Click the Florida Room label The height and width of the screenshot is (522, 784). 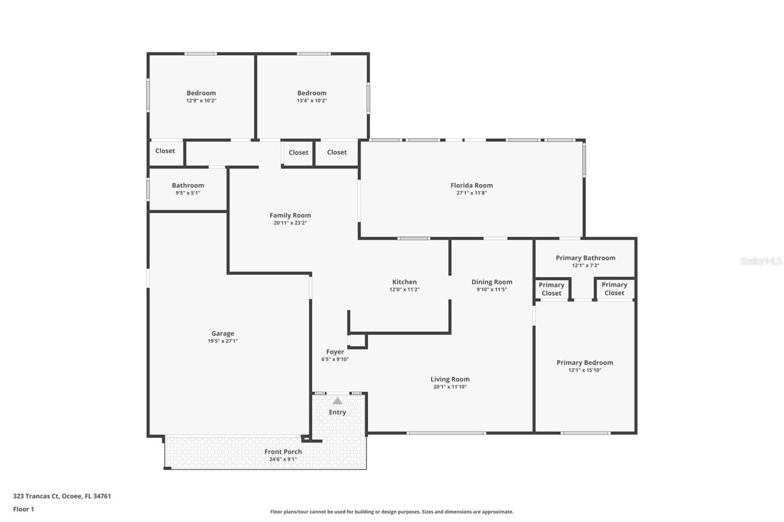471,185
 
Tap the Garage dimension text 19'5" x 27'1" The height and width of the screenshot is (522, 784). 222,341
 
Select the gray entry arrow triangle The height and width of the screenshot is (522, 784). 337,401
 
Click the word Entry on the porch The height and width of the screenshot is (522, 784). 337,412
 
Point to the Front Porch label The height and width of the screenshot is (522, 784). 283,451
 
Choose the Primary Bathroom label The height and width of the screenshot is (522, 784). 585,258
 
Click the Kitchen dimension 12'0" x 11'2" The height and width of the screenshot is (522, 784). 404,289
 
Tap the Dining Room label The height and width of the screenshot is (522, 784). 491,282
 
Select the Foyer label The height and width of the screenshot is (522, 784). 335,352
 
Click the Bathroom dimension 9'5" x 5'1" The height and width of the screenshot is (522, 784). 188,193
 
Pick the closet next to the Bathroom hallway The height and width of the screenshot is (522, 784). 165,151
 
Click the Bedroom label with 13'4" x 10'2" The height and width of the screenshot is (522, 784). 312,93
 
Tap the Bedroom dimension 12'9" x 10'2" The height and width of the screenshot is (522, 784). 201,101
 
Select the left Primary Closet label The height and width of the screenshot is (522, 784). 551,289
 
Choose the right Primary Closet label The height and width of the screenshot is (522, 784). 614,288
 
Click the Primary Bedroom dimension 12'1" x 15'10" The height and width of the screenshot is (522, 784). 585,370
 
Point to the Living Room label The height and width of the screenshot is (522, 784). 450,379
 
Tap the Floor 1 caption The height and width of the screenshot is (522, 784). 24,509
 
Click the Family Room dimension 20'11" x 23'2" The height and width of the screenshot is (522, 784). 290,223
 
